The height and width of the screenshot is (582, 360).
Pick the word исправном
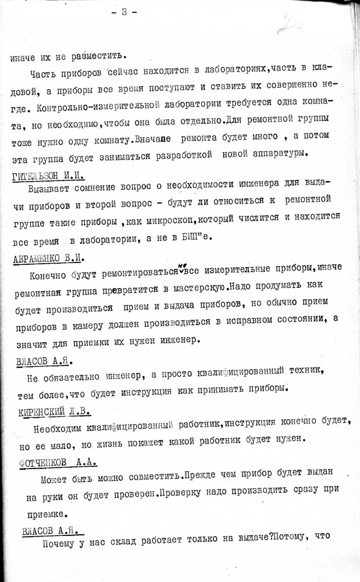click(x=247, y=318)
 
